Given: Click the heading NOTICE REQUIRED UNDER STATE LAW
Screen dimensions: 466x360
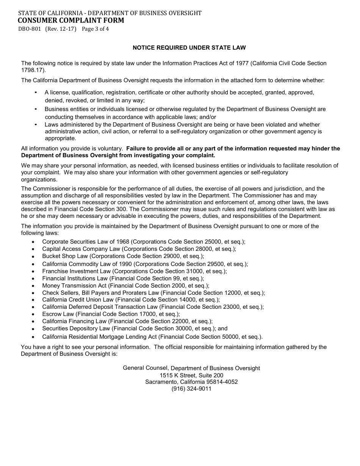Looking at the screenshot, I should (189, 48).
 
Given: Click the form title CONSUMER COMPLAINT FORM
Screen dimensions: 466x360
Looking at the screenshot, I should (71, 20).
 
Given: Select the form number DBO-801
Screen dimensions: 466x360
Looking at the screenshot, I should (30, 29).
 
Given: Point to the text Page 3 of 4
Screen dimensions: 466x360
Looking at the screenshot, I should (95, 29).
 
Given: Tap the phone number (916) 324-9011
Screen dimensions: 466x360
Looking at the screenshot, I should (191, 389).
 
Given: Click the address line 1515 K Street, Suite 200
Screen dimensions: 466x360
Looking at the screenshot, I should (191, 375).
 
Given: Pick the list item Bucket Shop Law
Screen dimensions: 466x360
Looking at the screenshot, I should (65, 256).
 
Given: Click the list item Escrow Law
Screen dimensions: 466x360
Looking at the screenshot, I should (58, 314).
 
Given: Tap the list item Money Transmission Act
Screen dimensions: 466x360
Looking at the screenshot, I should (74, 286).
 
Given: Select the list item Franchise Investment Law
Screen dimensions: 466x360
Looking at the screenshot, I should (76, 271).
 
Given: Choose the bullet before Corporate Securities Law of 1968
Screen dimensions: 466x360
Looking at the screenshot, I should (34, 242).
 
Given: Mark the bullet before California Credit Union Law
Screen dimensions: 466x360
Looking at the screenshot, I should (34, 300).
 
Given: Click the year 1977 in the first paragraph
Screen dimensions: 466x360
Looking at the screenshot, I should (242, 63).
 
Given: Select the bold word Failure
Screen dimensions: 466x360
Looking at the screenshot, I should (138, 149).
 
